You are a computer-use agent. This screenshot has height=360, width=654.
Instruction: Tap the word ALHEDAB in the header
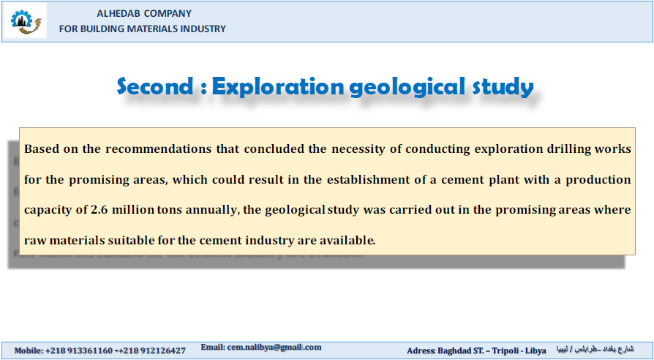118,13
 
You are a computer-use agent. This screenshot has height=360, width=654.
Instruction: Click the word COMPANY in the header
168,13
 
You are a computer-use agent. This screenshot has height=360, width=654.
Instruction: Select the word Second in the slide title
155,86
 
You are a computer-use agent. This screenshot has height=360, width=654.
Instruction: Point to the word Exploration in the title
278,87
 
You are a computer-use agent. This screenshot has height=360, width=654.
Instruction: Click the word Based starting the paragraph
41,149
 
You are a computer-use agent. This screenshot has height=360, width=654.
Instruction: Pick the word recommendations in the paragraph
159,149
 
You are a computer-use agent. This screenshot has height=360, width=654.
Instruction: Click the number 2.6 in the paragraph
99,210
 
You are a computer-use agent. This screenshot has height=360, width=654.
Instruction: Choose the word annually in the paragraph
212,210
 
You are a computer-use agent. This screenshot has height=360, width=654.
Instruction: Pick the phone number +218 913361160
79,350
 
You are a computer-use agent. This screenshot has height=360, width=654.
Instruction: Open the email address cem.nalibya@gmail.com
274,347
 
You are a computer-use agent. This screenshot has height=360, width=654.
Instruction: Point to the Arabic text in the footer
594,349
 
